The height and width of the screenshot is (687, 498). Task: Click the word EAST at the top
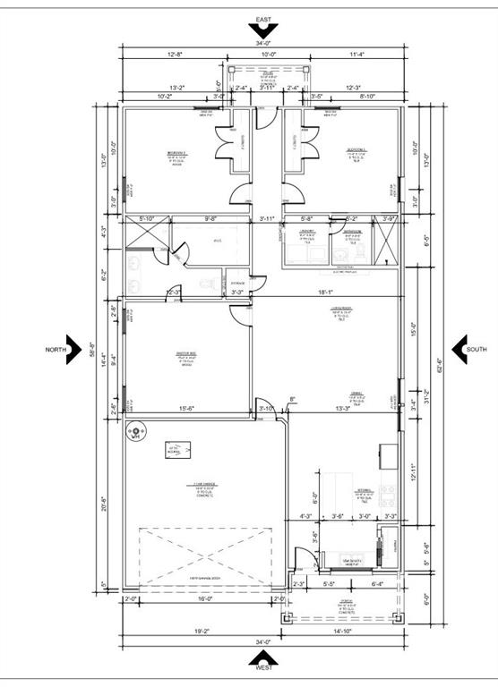point(263,19)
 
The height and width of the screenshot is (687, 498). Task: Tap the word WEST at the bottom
point(263,667)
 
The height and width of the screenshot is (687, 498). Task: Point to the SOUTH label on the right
point(476,349)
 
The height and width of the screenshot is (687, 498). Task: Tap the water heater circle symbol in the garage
point(136,434)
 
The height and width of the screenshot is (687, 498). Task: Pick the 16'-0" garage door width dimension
point(205,599)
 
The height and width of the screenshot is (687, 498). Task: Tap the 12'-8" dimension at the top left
point(175,55)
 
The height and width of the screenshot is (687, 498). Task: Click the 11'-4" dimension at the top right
point(357,55)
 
